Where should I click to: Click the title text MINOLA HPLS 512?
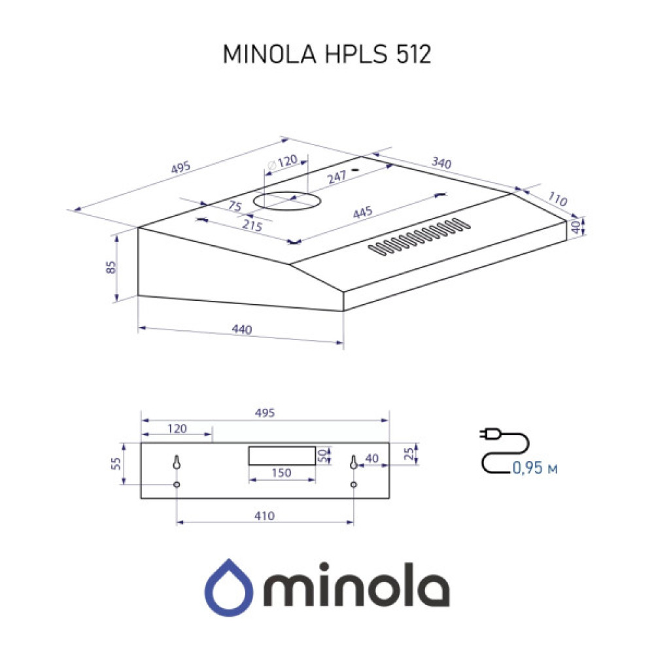(327, 56)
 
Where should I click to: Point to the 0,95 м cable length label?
(535, 468)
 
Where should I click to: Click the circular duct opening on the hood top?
(285, 199)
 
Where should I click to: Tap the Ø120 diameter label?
(283, 161)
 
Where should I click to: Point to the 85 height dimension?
(111, 268)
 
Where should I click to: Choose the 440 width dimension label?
(242, 331)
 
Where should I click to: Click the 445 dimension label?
(362, 213)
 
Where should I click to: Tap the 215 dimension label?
(252, 226)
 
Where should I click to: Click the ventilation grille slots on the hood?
(419, 237)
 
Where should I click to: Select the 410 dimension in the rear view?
(264, 516)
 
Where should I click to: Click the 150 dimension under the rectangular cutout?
(281, 473)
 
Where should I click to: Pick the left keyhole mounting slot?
(177, 462)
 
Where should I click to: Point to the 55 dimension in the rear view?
(116, 464)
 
